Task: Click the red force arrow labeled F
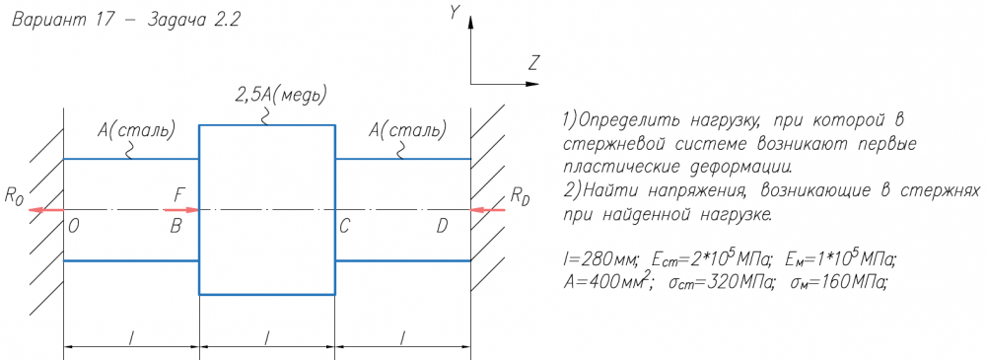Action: [x=181, y=209]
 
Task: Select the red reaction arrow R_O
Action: [x=46, y=209]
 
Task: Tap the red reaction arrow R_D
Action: [x=488, y=209]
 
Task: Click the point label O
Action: [x=74, y=227]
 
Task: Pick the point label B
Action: [x=176, y=227]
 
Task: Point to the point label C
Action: [x=344, y=227]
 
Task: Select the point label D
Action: [x=442, y=227]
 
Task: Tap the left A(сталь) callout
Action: [x=136, y=131]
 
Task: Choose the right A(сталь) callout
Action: [x=407, y=131]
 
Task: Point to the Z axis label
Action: [x=534, y=63]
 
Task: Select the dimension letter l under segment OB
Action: [x=131, y=338]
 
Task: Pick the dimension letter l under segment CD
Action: [x=402, y=338]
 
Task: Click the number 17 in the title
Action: [x=106, y=19]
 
